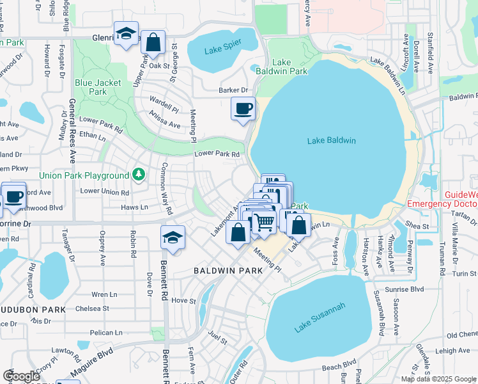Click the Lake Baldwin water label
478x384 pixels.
pyautogui.click(x=331, y=141)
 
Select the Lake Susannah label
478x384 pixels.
pyautogui.click(x=320, y=317)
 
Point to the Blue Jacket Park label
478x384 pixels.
pyautogui.click(x=99, y=87)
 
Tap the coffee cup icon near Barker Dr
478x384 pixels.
pyautogui.click(x=243, y=109)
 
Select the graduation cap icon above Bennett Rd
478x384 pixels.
pyautogui.click(x=173, y=238)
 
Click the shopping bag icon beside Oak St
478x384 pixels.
pyautogui.click(x=153, y=43)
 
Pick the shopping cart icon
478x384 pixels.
pyautogui.click(x=264, y=223)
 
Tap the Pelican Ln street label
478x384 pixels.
pyautogui.click(x=106, y=333)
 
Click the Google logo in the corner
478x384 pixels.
pyautogui.click(x=22, y=376)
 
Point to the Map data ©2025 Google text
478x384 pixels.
pyautogui.click(x=438, y=379)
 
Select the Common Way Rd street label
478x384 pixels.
pyautogui.click(x=166, y=188)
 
